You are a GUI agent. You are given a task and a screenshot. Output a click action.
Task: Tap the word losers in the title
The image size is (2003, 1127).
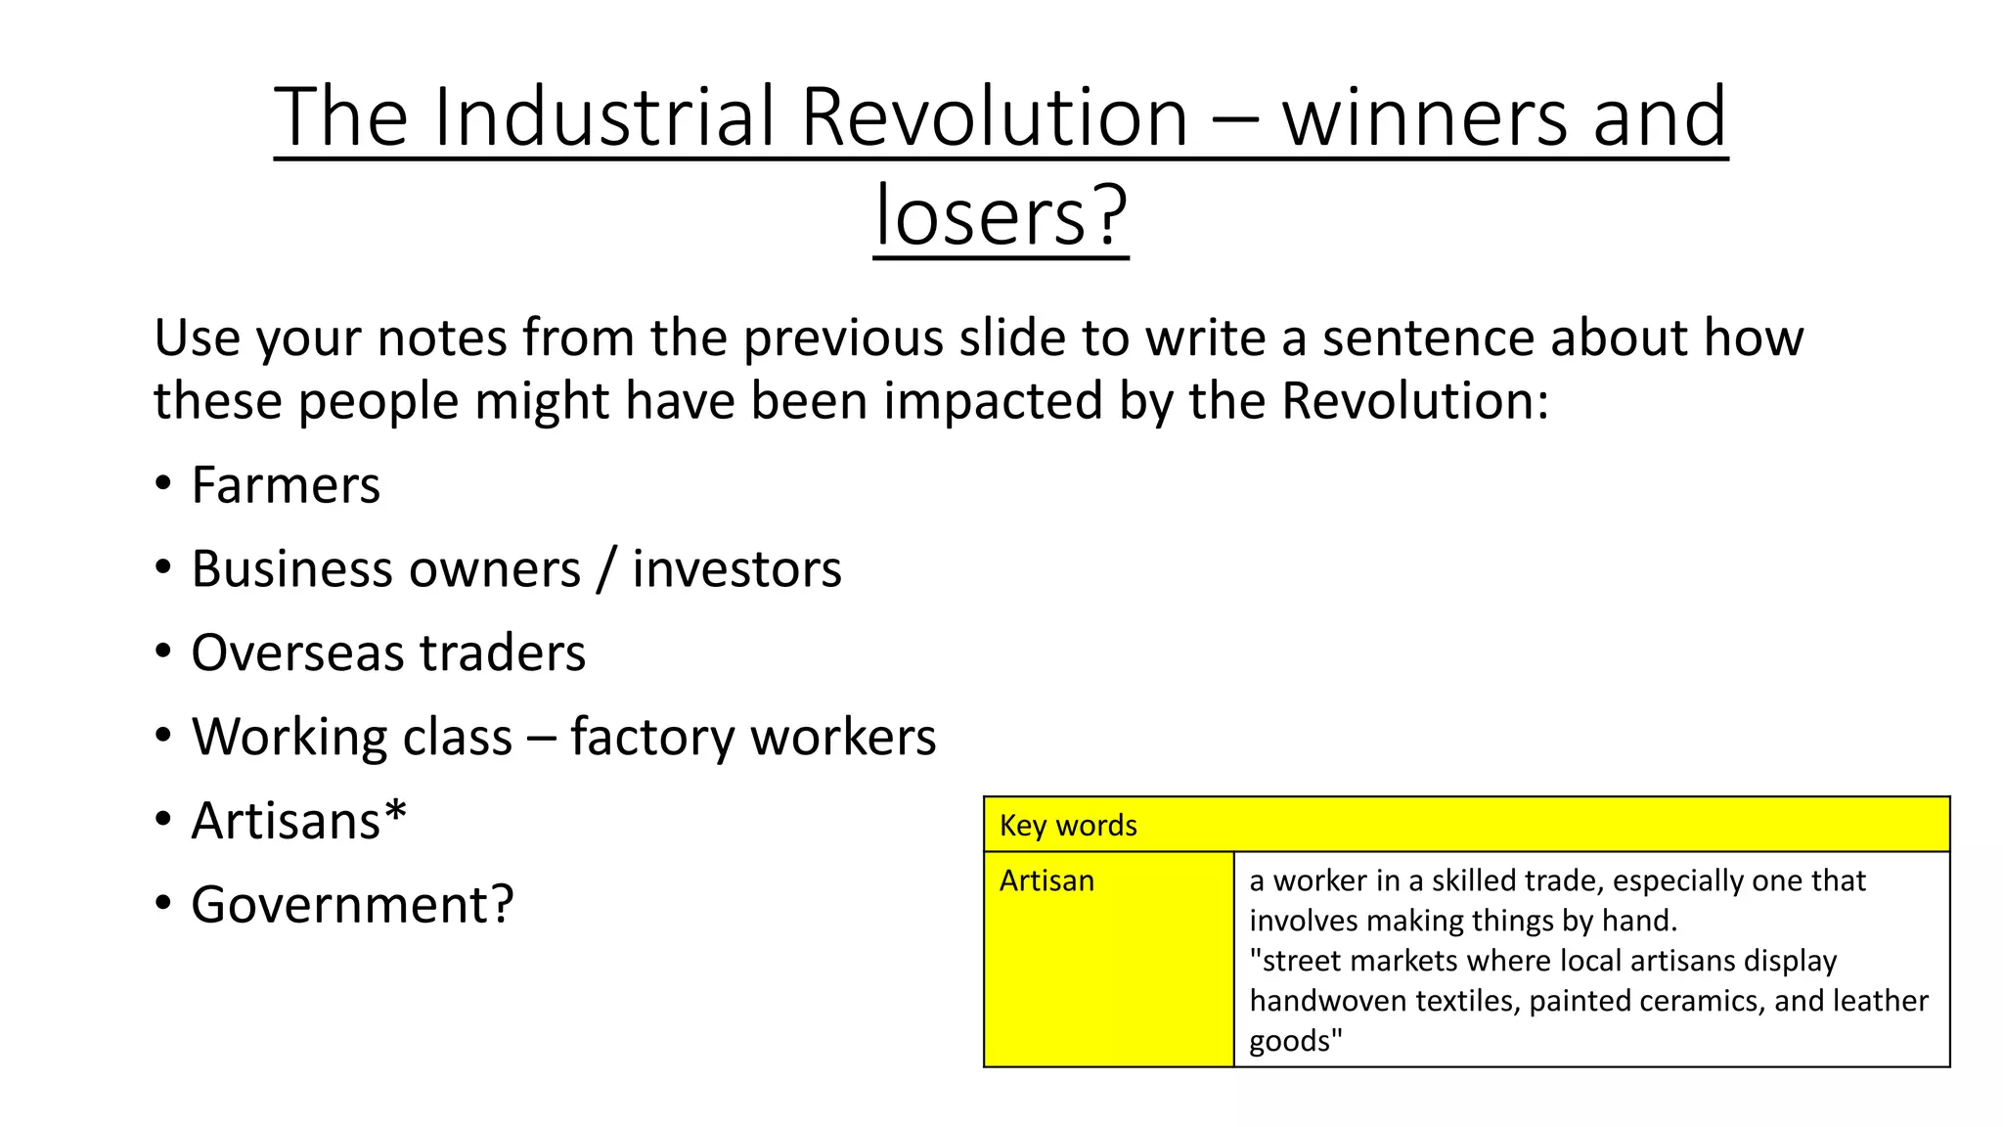(980, 216)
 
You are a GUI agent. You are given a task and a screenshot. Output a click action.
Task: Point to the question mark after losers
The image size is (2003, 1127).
(1111, 216)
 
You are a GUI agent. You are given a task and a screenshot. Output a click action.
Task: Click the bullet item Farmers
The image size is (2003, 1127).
(286, 485)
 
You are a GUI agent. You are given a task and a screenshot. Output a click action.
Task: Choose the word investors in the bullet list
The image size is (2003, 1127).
(736, 569)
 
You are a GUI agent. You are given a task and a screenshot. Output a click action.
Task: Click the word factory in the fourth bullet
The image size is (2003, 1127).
(652, 738)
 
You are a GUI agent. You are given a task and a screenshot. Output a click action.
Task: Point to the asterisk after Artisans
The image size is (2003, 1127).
(395, 814)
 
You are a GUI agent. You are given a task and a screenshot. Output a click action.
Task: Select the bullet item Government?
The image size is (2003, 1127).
(352, 905)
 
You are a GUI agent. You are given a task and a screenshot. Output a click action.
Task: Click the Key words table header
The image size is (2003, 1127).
(1068, 826)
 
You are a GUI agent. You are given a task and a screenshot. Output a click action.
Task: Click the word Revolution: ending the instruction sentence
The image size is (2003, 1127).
(1415, 401)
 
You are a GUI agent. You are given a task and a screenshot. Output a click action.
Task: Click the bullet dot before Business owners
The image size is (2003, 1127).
(163, 568)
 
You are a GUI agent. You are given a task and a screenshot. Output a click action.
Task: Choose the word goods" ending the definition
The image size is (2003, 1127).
(1295, 1041)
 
